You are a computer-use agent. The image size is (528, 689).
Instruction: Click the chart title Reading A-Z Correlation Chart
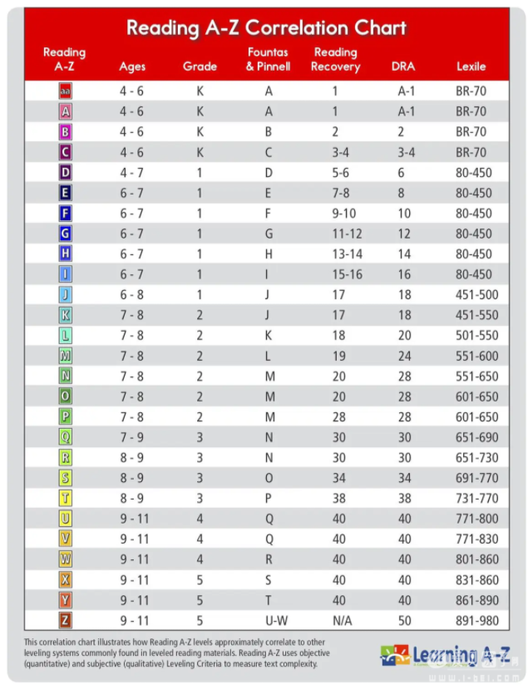point(266,27)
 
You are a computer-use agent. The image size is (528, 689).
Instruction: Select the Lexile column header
point(471,66)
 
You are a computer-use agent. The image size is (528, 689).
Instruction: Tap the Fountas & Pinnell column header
point(268,59)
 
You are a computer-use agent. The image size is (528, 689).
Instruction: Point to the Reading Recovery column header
point(335,59)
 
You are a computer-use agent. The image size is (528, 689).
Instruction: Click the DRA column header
point(403,66)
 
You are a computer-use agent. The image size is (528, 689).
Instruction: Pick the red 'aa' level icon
point(65,91)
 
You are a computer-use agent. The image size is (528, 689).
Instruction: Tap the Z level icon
point(66,620)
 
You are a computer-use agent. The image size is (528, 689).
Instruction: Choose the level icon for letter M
point(66,356)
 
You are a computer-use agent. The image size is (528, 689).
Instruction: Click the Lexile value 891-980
point(476,620)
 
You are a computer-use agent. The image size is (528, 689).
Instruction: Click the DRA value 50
point(404,620)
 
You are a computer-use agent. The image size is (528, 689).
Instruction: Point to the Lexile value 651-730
point(476,457)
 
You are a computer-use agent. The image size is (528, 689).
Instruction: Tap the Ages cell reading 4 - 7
point(131,173)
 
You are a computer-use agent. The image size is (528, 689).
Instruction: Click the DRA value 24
point(404,356)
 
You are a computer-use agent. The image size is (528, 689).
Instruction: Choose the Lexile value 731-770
point(476,498)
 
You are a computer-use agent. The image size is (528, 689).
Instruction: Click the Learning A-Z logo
point(446,656)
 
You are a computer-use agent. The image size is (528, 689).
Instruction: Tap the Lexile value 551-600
point(476,356)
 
